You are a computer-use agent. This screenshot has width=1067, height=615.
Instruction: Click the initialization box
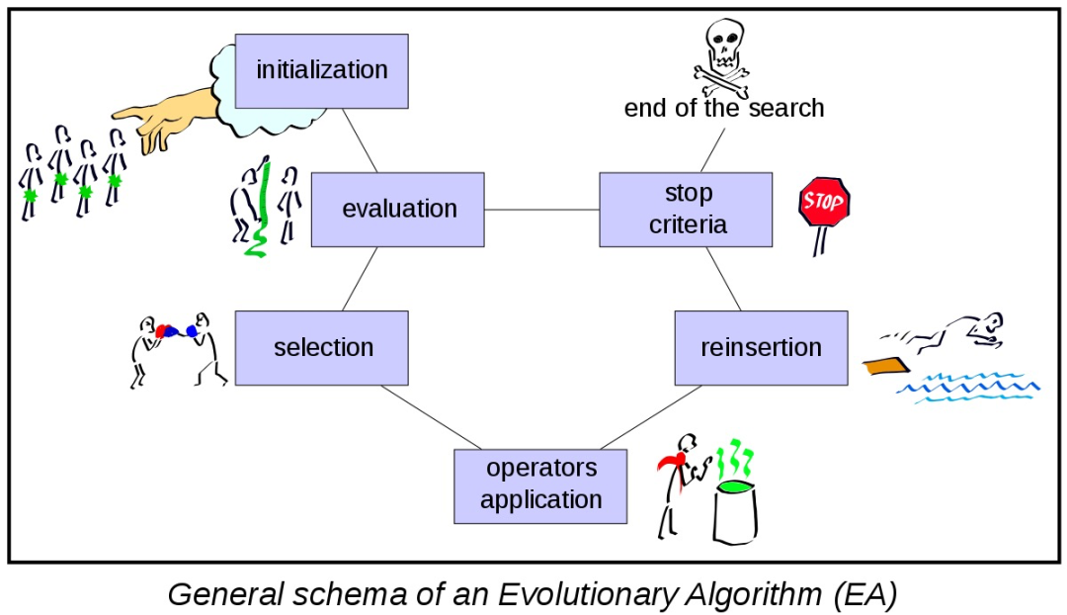point(322,71)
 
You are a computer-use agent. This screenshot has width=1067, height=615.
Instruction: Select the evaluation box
point(398,210)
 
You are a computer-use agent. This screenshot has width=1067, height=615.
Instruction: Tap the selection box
point(322,348)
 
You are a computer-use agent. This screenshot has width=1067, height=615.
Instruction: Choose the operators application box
point(540,486)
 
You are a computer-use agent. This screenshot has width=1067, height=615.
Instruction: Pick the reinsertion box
point(762,348)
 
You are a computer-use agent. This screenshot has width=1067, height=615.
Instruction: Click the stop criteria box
point(686,210)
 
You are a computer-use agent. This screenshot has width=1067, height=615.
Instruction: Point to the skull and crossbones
point(722,57)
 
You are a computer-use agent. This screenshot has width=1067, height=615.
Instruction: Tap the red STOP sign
point(824,202)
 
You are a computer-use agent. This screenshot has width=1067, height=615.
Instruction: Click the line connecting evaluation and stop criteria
point(541,210)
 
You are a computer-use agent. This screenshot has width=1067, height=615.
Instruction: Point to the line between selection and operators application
point(432,417)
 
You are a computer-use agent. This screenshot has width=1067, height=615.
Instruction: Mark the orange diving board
point(886,367)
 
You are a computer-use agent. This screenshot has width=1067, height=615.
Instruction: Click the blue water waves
point(968,388)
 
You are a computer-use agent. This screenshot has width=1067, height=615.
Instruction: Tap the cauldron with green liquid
point(735,511)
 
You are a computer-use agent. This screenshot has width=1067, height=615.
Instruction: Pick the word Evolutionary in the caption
point(589,594)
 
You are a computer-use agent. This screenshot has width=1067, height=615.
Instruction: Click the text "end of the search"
point(724,109)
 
